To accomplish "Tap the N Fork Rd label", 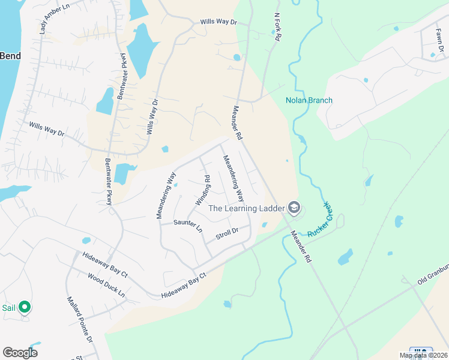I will pos(277,28).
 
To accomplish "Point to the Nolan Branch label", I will pos(309,100).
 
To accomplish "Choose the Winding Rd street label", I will pos(202,190).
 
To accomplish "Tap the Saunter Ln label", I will pos(188,226).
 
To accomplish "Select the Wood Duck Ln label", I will pos(106,286).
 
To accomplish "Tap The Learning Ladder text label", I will pos(246,208).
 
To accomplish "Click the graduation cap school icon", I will pos(294,208).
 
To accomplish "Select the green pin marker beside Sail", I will pos(25,308).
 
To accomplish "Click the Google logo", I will pos(20,353).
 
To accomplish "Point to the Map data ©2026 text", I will pos(423,356).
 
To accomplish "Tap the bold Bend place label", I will pos(10,56).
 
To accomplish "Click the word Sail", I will pos(8,308).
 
